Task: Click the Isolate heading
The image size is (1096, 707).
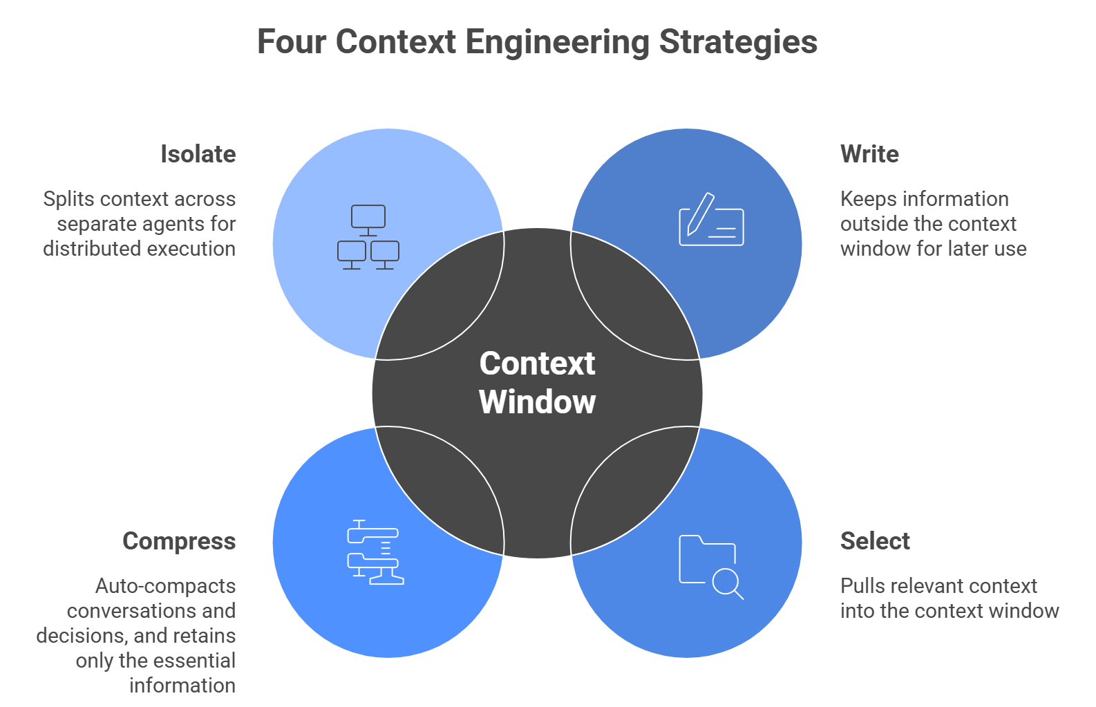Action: pyautogui.click(x=198, y=154)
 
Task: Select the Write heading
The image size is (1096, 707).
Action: pyautogui.click(x=869, y=154)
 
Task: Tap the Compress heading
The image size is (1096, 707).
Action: pyautogui.click(x=179, y=541)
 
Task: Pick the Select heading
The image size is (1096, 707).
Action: pyautogui.click(x=875, y=541)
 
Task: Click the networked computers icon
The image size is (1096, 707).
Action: pyautogui.click(x=368, y=237)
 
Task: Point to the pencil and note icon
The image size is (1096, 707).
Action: pyautogui.click(x=711, y=220)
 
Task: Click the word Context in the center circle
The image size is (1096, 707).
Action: pyautogui.click(x=537, y=364)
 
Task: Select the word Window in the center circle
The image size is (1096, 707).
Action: pyautogui.click(x=537, y=402)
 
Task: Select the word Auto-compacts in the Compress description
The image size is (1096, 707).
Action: pyautogui.click(x=166, y=586)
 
